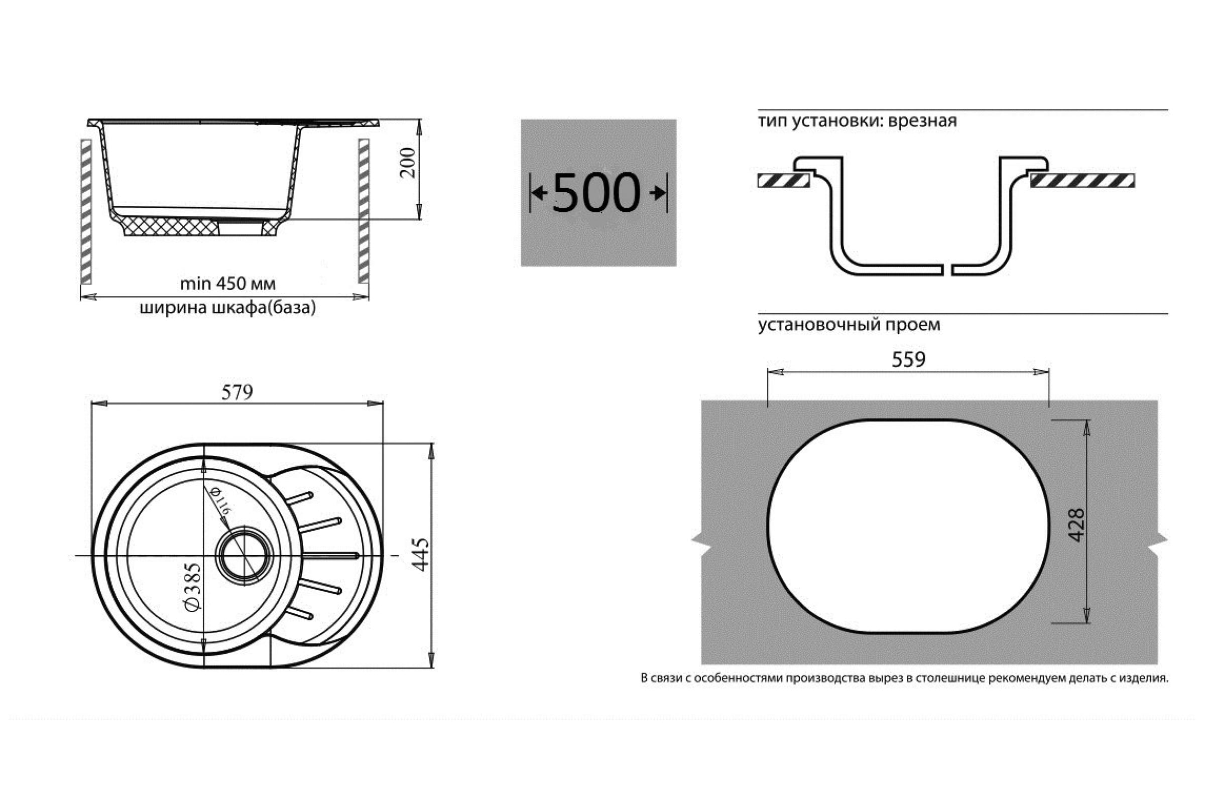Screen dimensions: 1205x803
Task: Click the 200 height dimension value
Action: [x=408, y=162]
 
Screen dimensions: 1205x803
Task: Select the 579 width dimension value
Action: [x=237, y=392]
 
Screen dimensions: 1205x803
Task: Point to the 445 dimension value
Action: [x=421, y=554]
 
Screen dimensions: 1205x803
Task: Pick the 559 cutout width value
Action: [x=908, y=359]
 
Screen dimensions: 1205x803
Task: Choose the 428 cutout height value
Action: [x=1076, y=525]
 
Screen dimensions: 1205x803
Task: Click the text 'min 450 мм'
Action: [x=227, y=284]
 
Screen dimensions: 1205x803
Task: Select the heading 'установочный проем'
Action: [x=849, y=325]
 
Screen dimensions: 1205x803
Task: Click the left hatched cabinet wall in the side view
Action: [x=86, y=211]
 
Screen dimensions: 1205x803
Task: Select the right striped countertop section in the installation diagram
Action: [x=1082, y=181]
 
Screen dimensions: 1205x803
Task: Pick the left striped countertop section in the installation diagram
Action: [x=783, y=181]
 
